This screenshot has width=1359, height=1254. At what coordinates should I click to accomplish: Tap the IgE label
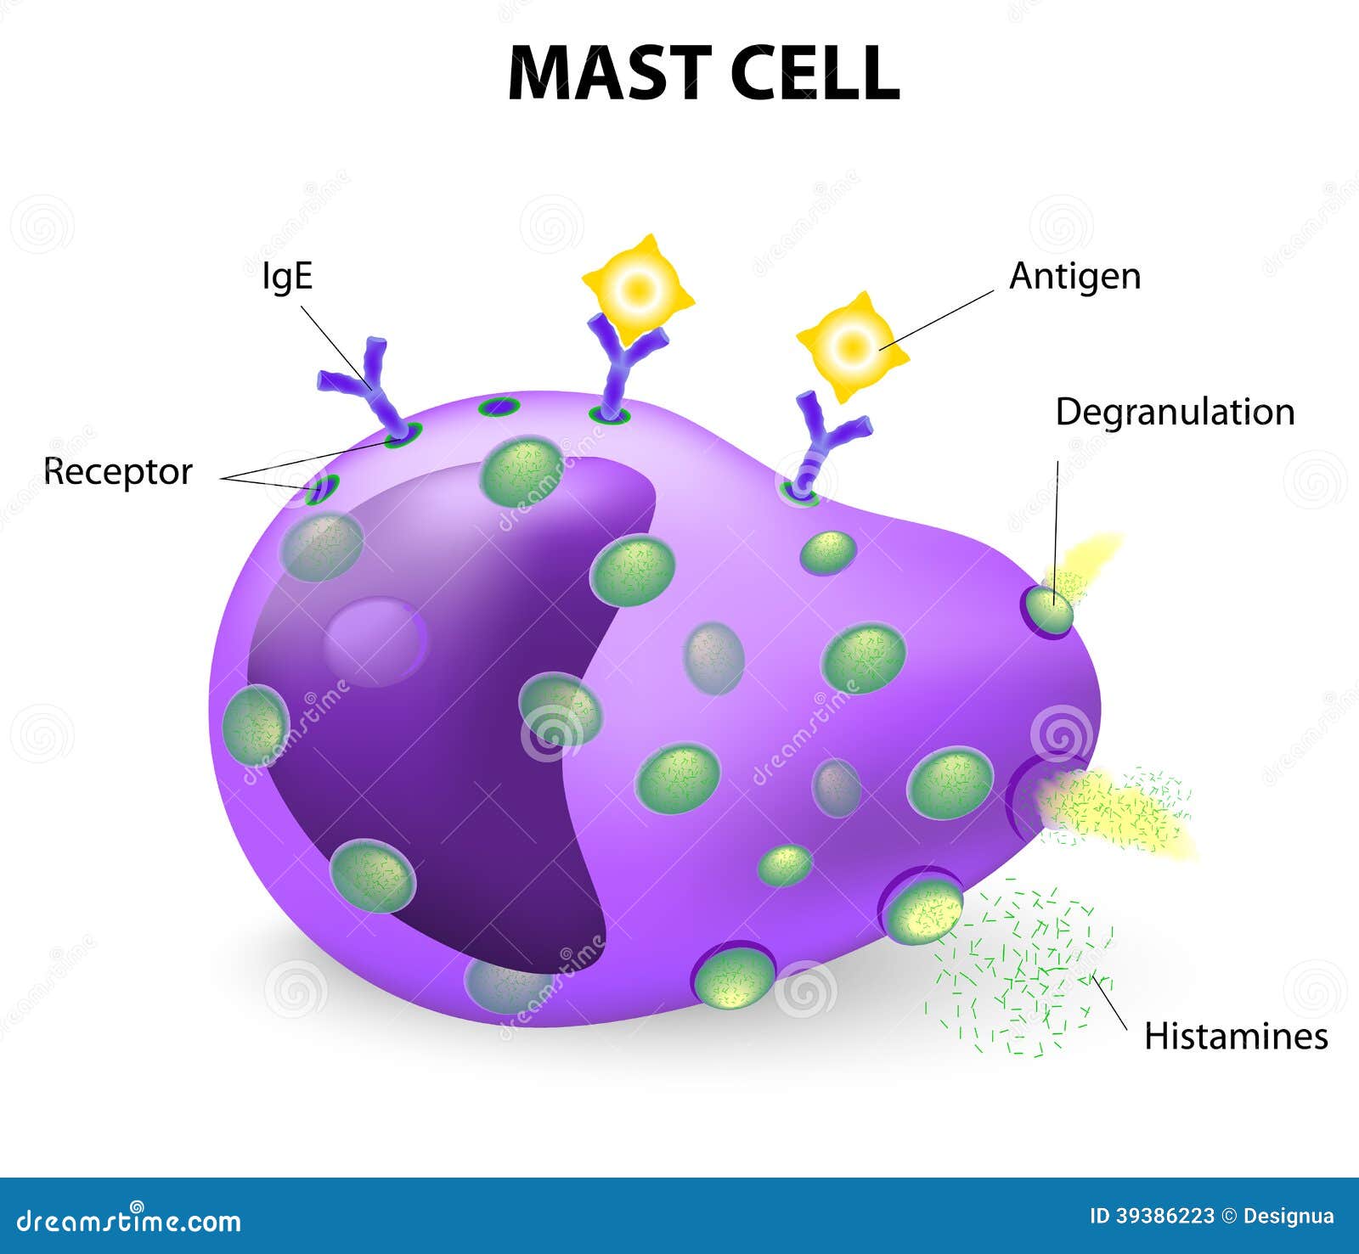coord(287,276)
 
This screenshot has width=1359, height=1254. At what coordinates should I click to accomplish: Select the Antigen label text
coord(1074,277)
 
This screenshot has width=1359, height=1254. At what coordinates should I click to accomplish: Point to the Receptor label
coord(119,472)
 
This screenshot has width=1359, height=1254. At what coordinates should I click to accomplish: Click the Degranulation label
coord(1175,413)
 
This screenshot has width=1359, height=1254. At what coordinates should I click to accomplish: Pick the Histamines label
coord(1236,1037)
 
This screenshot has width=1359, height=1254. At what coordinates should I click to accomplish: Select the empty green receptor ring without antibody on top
coord(499,408)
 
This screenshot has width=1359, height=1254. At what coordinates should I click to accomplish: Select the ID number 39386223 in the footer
coord(1164,1216)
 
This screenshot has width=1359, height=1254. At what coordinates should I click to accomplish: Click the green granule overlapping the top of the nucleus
coord(522,471)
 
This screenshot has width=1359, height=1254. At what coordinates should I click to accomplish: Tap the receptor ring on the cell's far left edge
coord(323,489)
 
